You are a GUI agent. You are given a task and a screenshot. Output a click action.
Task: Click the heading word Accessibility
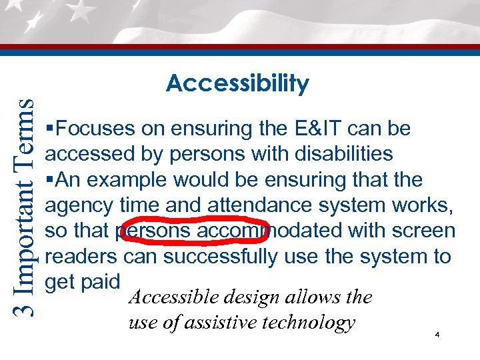[x=237, y=84]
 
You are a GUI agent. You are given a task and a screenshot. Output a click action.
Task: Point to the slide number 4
[x=436, y=335]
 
